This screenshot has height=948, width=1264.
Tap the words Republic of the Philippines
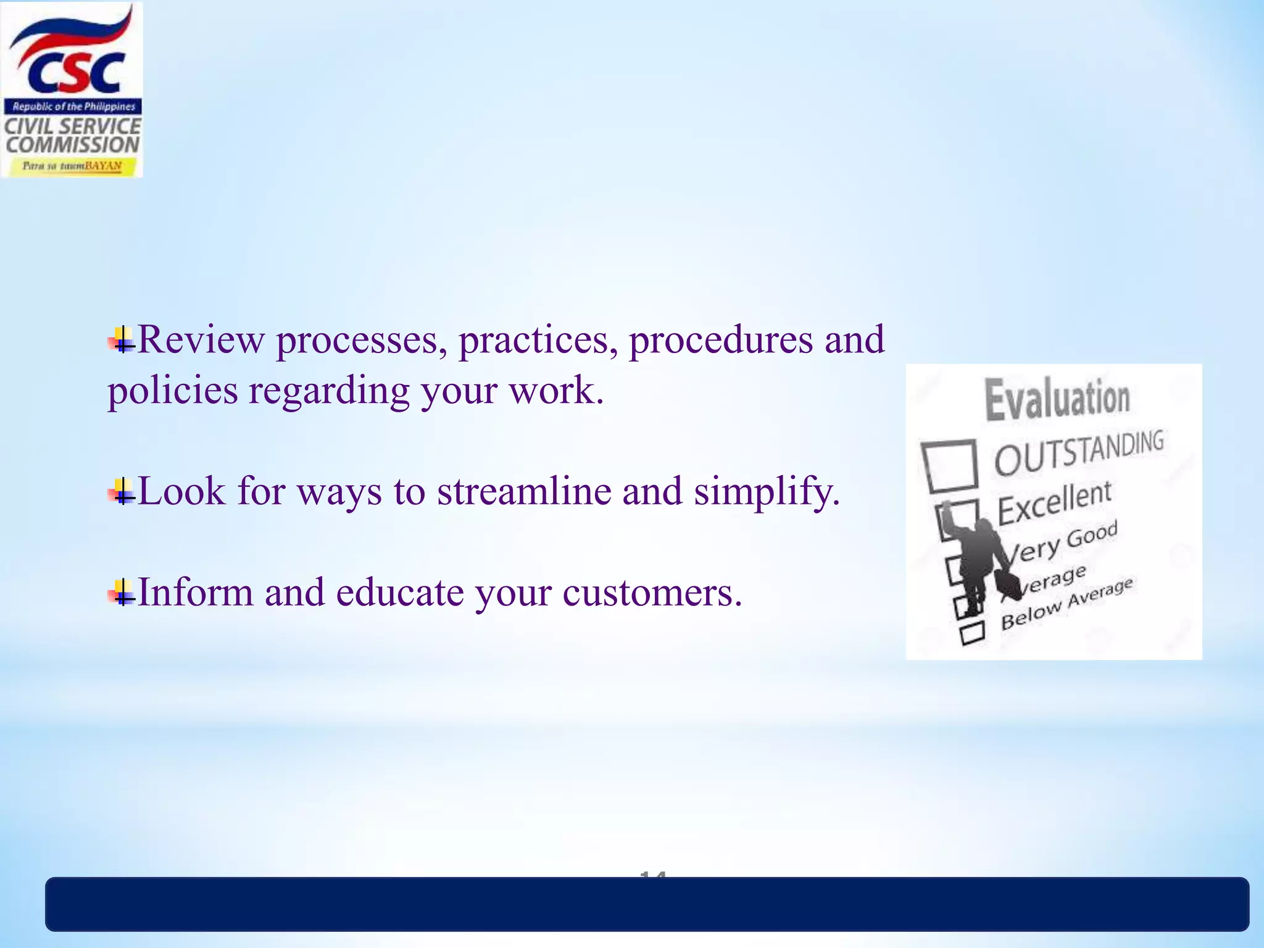click(x=73, y=107)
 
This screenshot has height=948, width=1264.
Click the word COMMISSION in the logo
click(x=73, y=145)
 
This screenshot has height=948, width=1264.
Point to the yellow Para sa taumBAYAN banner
click(x=72, y=166)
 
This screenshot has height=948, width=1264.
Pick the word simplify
click(x=766, y=491)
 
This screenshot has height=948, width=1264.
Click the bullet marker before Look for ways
click(x=121, y=492)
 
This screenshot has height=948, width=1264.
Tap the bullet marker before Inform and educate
click(x=121, y=593)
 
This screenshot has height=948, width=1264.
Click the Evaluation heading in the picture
click(x=1057, y=399)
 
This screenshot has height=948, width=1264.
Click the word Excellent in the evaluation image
click(x=1054, y=502)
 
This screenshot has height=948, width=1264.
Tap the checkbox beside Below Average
click(x=972, y=633)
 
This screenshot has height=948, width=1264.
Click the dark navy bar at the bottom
click(x=647, y=904)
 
